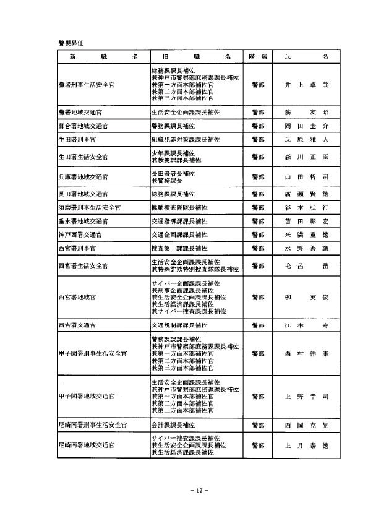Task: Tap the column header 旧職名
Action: tap(192, 56)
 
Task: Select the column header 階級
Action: tap(257, 56)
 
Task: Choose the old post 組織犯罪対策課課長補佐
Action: tap(185, 140)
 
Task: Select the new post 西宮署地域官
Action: tap(77, 297)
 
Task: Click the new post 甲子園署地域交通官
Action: tap(87, 395)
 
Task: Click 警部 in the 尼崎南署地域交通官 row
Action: tap(257, 445)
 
